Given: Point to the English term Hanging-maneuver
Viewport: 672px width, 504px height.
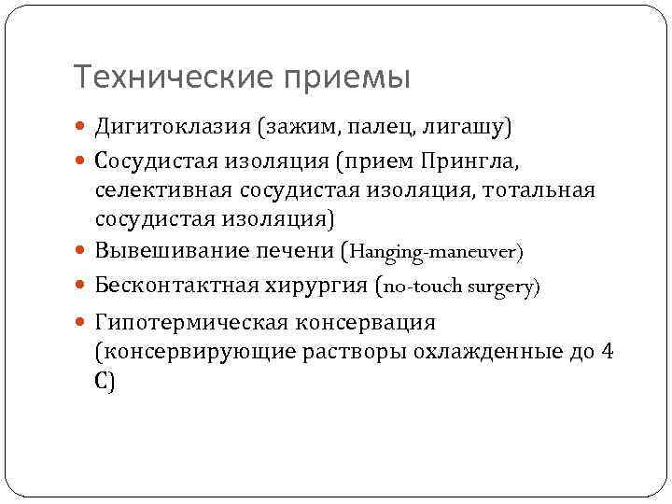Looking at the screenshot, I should coord(433,253).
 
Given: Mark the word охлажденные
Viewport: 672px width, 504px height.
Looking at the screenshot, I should coord(494,352).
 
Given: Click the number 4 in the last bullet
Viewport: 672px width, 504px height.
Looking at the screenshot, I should coord(608,352).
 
